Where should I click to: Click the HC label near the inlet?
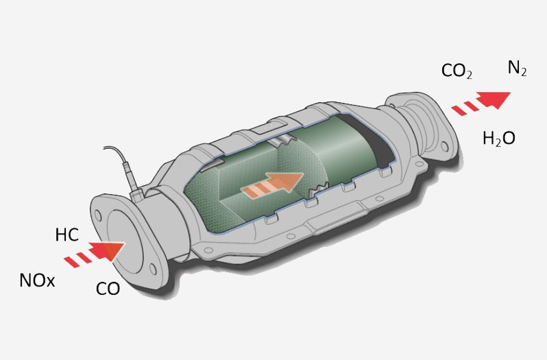coord(67,235)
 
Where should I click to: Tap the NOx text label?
coord(37,280)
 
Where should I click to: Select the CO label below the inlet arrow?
coord(108,289)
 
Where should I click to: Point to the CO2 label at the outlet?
coord(457,71)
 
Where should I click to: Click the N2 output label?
coord(517,68)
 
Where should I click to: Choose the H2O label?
coord(499,139)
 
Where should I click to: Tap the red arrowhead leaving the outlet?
coord(494,99)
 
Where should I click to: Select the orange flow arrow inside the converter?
coord(272,186)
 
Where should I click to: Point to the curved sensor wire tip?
coord(105,148)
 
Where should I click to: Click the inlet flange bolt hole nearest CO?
coord(153,269)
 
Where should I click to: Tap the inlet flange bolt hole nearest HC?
coord(98,216)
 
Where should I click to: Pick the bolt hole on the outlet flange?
coord(444,147)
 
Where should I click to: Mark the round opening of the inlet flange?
coord(125,241)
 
